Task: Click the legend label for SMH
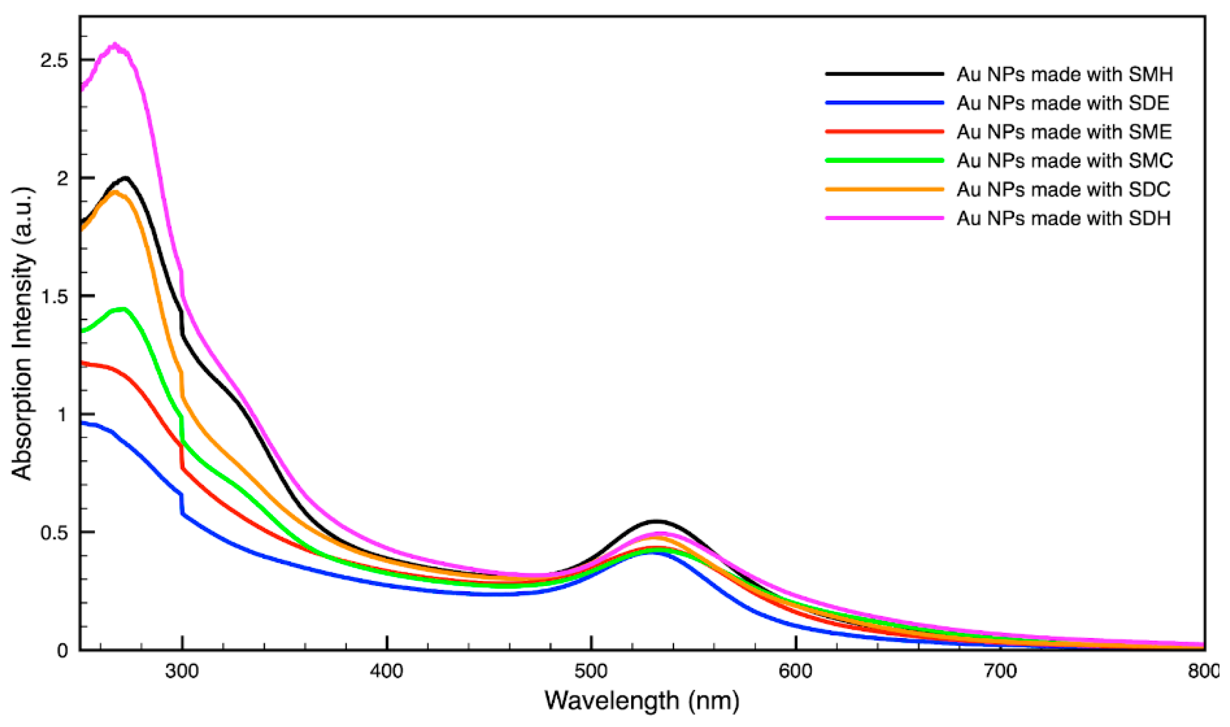coord(1064,75)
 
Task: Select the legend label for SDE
coord(1062,103)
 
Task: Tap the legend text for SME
coord(1064,132)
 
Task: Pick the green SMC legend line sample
coord(884,160)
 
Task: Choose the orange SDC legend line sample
coord(884,189)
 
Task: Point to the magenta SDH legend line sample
coord(884,218)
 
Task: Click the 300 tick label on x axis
coord(182,672)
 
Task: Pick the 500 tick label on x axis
coord(592,672)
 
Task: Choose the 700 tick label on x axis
coord(1001,672)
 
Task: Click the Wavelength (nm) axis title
coord(642,701)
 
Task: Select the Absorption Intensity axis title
coord(22,333)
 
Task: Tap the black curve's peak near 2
coord(126,178)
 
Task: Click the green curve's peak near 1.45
coord(122,309)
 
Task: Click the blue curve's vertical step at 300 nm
coord(182,504)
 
